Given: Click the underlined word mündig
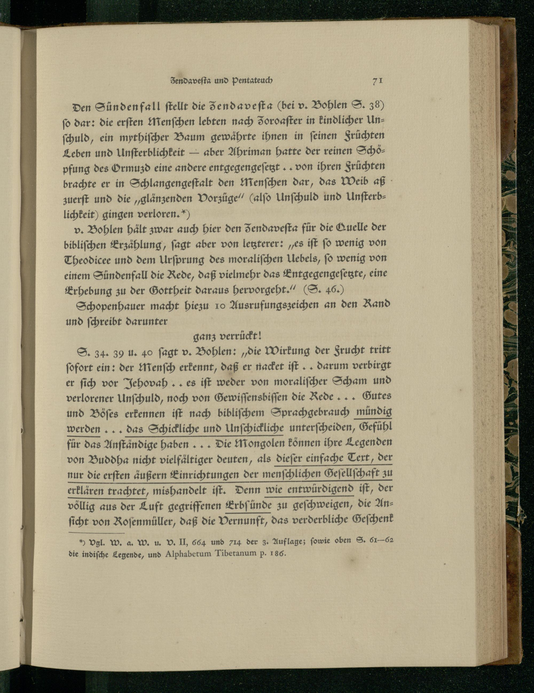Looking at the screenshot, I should (x=374, y=412).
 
